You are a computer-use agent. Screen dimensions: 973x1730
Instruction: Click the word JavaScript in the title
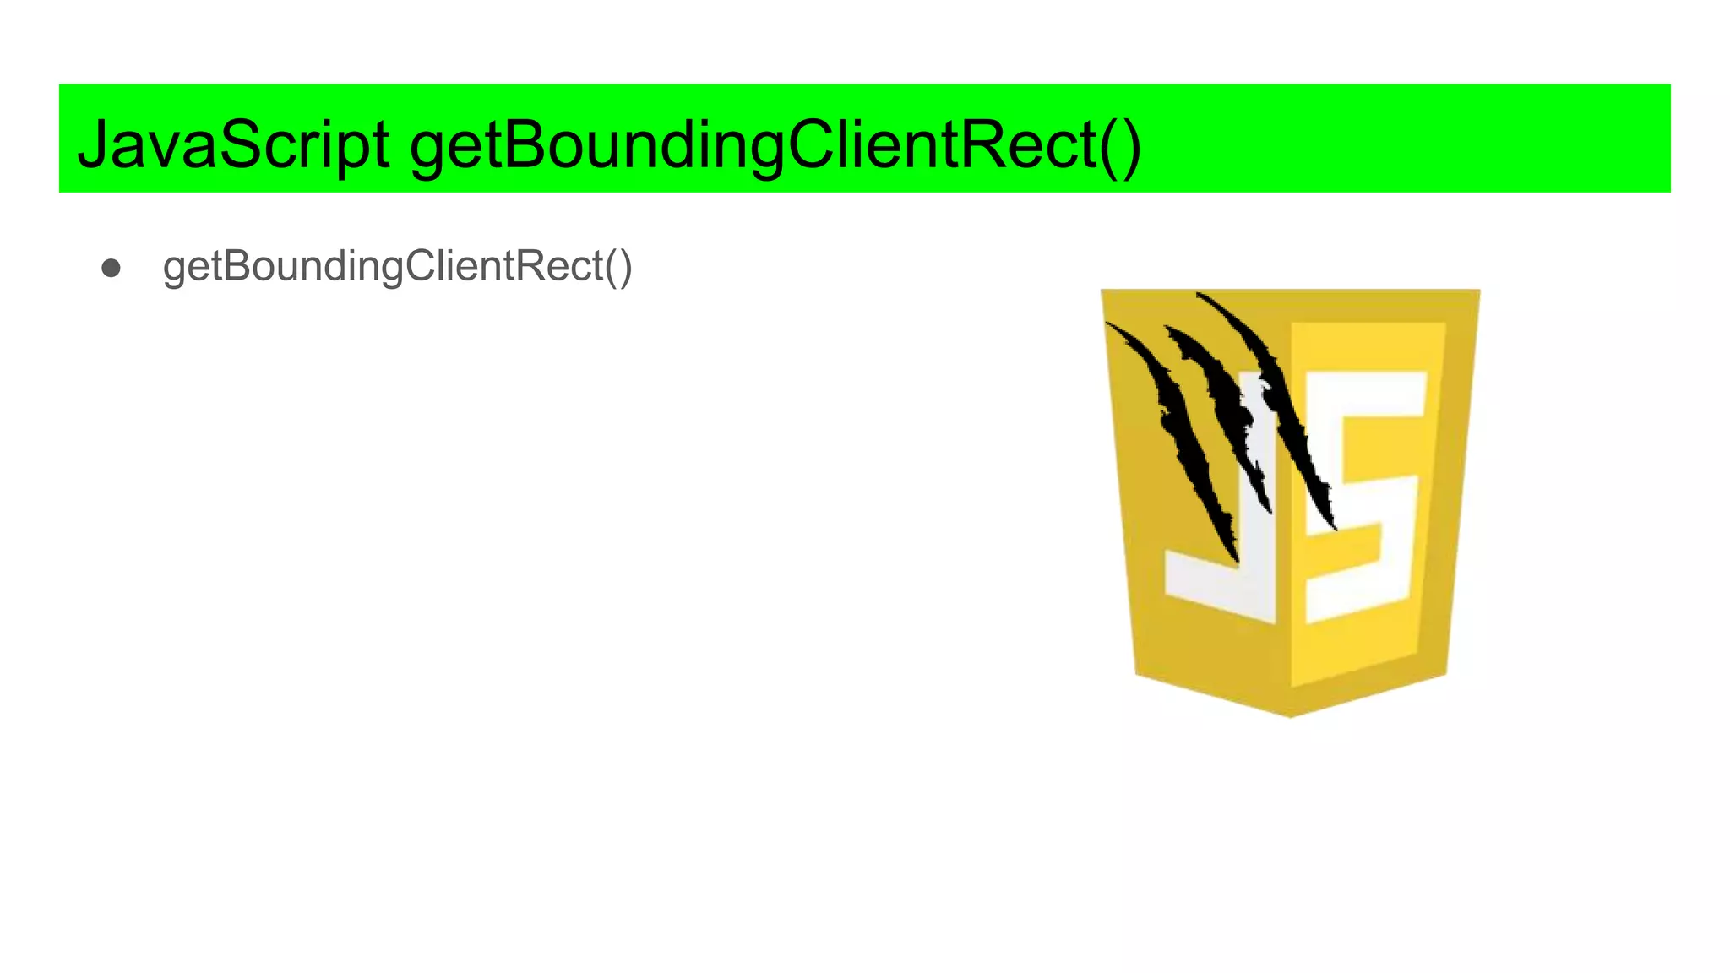click(233, 145)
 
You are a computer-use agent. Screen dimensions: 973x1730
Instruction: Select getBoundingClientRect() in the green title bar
click(775, 145)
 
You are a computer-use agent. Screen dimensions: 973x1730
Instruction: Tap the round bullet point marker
click(111, 269)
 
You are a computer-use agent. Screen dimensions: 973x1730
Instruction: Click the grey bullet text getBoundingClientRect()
click(397, 267)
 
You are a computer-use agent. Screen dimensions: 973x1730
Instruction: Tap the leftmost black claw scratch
click(1183, 439)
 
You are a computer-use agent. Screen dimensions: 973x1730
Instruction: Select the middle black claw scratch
click(1225, 405)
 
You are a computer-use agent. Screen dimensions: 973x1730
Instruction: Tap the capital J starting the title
click(95, 145)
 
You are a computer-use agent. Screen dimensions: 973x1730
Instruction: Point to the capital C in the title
click(813, 145)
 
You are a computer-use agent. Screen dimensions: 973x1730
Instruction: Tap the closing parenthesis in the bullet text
click(625, 268)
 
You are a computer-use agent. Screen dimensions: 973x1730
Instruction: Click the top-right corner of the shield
click(1477, 292)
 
